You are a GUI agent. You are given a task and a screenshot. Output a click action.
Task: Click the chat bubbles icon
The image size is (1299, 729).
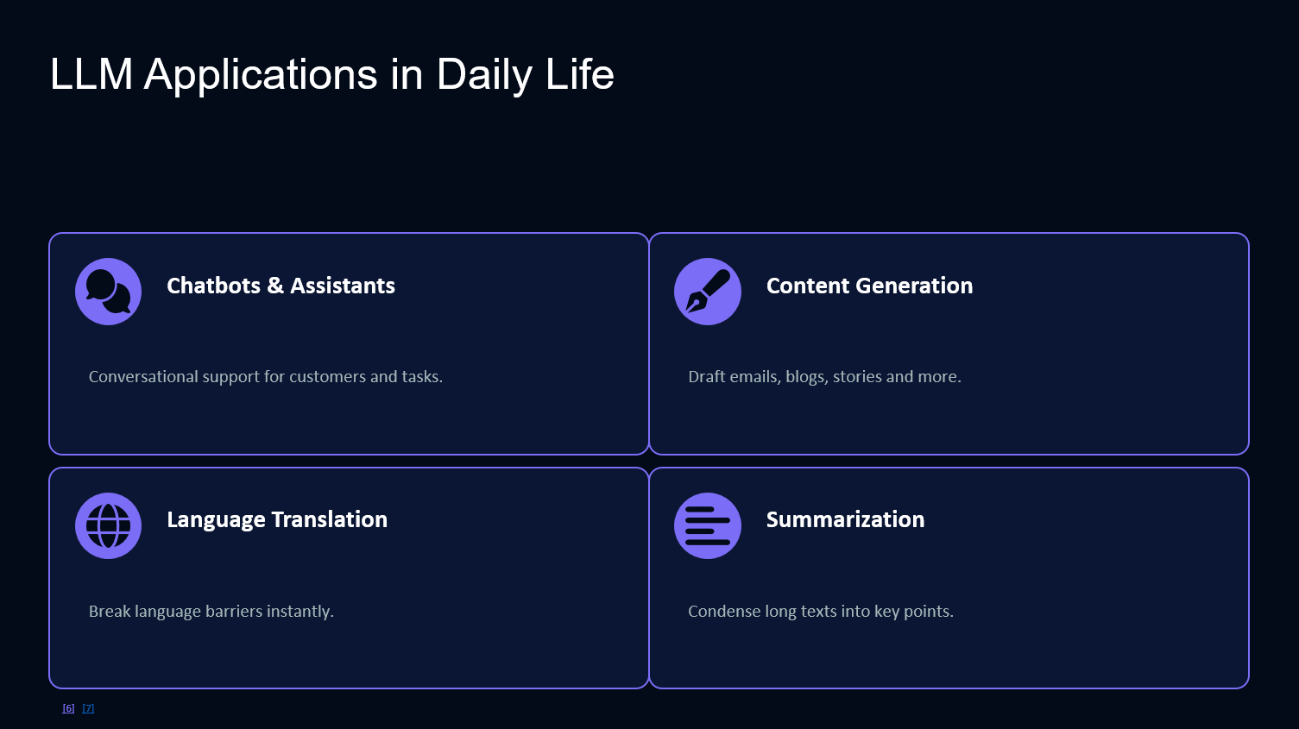coord(109,292)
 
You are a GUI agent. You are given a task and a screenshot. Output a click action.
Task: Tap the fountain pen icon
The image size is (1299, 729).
coord(708,292)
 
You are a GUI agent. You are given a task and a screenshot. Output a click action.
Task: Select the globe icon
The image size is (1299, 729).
coord(109,525)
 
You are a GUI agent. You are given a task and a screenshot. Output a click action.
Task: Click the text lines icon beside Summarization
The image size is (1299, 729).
coord(708,525)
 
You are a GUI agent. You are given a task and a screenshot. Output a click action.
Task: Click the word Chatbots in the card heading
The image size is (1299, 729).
coord(214,286)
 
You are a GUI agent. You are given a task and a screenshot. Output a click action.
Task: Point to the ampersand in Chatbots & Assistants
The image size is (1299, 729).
coord(275,286)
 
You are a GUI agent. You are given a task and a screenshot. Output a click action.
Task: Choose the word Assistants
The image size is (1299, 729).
coord(343,286)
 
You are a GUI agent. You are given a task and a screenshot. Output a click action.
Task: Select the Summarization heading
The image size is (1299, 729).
coord(846,519)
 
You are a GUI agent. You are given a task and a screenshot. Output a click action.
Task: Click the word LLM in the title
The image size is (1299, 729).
coord(91,74)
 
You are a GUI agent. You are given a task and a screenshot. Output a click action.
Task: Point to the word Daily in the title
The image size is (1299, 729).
coord(483,75)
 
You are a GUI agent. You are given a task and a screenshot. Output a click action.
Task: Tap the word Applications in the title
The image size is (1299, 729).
coord(261,75)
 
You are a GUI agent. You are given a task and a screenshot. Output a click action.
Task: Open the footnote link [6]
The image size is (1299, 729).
coord(68,708)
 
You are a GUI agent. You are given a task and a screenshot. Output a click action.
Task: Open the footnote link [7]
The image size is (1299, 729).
coord(88,708)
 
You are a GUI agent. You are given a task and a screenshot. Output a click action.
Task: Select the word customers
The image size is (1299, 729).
coord(328,377)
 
